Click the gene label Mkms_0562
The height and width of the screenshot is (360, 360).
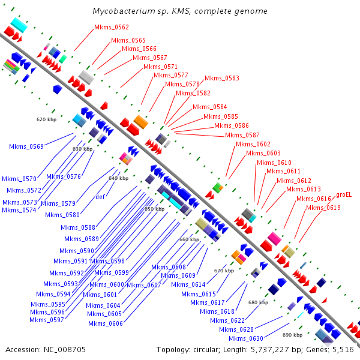111,27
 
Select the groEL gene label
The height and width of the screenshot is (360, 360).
344,194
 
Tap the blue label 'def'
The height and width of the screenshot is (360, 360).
101,197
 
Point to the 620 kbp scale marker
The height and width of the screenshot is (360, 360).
46,119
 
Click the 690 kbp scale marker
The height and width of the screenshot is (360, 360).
292,335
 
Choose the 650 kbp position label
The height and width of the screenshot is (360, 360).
154,209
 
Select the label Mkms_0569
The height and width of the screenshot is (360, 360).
26,146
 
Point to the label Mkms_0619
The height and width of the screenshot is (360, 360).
323,208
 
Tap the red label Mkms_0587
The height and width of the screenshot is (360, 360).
242,135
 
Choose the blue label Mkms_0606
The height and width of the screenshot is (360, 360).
106,323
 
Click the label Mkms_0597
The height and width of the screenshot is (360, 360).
47,320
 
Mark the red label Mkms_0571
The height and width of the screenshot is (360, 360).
160,67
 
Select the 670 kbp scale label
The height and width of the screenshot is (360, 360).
224,271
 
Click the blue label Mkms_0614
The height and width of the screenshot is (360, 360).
188,284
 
